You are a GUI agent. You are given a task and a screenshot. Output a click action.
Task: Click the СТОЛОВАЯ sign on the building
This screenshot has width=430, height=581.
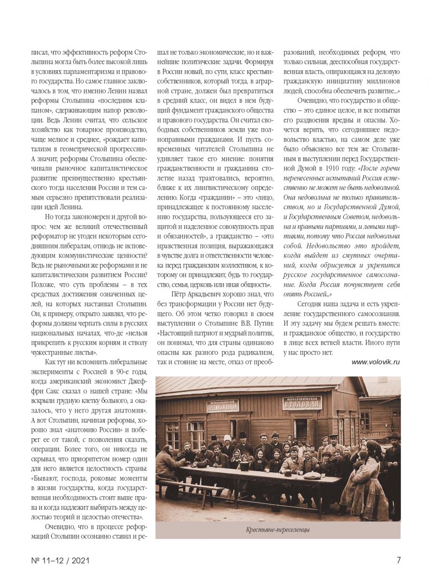(x=302, y=402)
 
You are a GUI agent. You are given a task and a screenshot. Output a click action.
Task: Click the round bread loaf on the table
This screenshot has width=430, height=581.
(x=312, y=475)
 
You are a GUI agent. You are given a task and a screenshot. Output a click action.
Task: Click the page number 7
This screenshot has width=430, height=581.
(x=399, y=560)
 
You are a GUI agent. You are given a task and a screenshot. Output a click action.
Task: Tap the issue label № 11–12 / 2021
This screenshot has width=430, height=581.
(x=60, y=561)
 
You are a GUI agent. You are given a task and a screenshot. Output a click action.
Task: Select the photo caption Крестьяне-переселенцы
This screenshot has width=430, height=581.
(x=278, y=530)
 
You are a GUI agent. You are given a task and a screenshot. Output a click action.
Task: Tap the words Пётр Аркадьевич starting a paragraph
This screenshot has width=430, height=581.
(x=200, y=294)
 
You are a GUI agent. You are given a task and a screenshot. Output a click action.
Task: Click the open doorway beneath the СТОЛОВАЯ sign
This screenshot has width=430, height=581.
(x=300, y=429)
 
